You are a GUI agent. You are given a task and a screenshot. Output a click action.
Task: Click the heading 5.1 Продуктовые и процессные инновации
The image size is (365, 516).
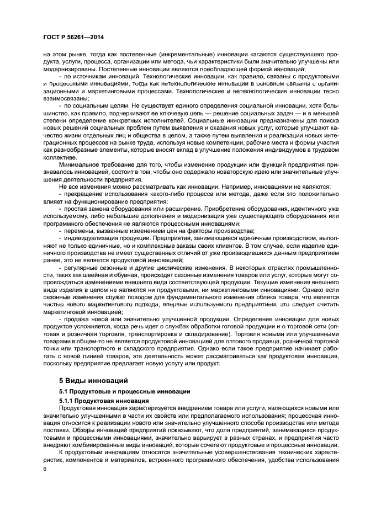(124, 391)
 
